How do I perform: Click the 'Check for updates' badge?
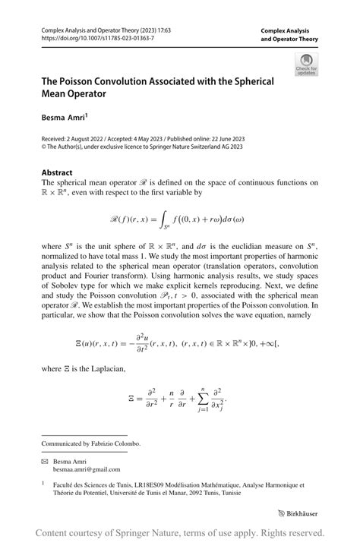coord(306,65)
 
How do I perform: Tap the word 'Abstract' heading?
coord(57,172)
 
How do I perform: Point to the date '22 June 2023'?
coord(221,139)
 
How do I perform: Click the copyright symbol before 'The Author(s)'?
coord(44,147)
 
